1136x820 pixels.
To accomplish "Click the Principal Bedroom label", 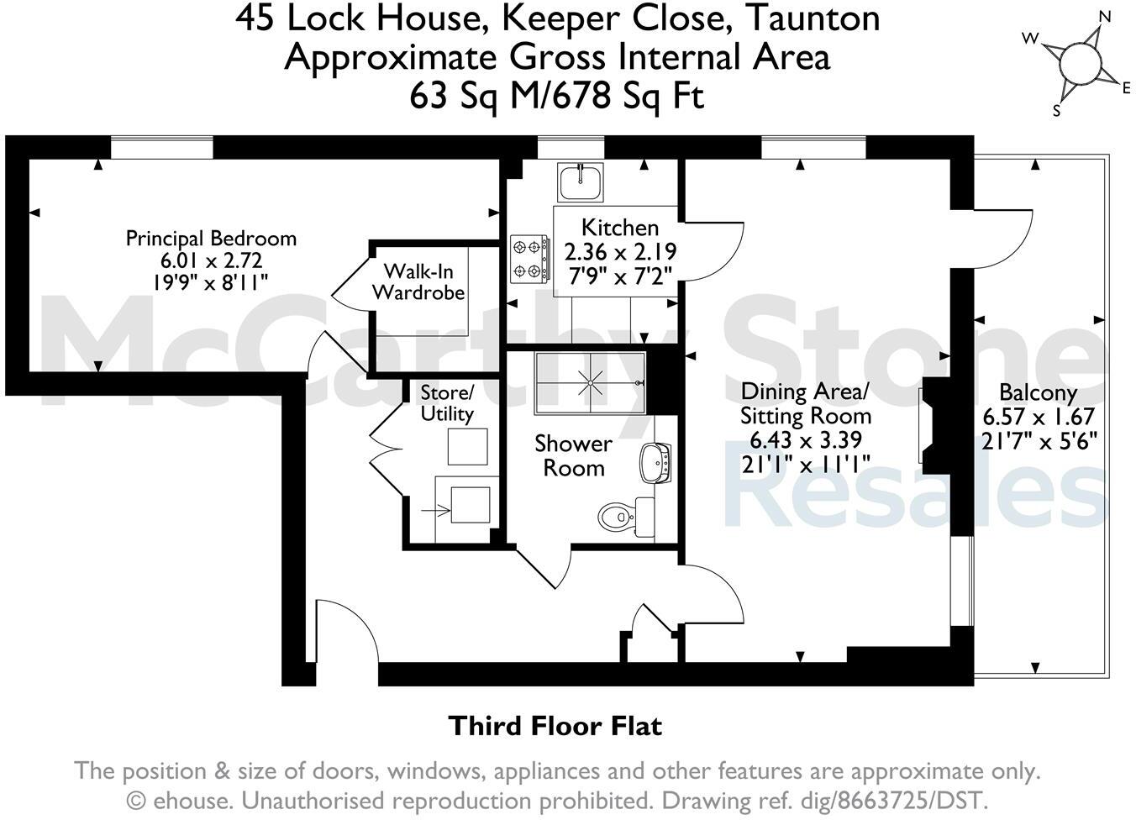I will [211, 239].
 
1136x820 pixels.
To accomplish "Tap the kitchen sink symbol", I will [581, 181].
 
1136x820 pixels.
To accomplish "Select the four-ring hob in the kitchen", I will [529, 260].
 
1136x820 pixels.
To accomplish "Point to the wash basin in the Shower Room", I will [655, 463].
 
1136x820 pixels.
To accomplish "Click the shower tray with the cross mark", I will [591, 383].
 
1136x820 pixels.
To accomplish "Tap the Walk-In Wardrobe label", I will [418, 281].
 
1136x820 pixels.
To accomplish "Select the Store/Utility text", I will [447, 403].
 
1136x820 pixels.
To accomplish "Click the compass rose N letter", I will [1105, 17].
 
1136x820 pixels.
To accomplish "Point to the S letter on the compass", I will [1058, 110].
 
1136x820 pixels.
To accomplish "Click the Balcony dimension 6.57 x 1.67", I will [1039, 418].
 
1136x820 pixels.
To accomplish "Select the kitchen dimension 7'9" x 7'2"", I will [620, 276].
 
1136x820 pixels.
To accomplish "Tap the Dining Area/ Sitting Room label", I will [805, 403].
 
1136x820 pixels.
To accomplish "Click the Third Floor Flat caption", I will [555, 726].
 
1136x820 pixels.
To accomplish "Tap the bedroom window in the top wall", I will [161, 149].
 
